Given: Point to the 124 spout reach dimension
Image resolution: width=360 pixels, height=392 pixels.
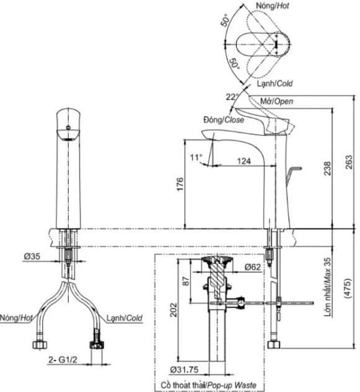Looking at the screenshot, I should coord(243,161).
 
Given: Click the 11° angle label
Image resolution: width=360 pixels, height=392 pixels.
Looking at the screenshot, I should coord(196,158).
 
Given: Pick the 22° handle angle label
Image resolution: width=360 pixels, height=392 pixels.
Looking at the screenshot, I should coord(232,97).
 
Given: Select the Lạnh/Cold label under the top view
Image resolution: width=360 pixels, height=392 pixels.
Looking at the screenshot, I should coord(275,83).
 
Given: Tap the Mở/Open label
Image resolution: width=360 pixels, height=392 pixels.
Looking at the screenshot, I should coord(276,101).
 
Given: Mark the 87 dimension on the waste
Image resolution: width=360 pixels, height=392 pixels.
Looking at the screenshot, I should coord(185,280).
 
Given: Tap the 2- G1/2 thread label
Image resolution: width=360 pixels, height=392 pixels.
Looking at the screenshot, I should coord(60,359).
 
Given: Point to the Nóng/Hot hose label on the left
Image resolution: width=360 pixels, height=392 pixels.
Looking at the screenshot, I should coord(17,318).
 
